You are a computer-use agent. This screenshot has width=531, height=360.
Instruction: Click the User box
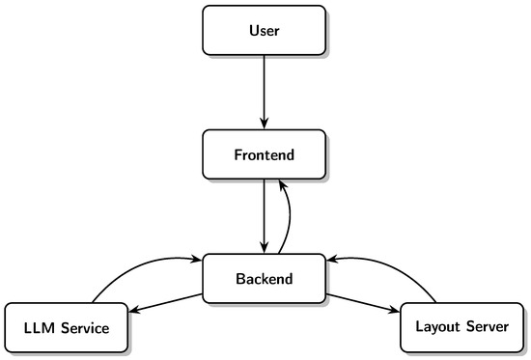[265, 30]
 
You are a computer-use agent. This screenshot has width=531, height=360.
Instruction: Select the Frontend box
[265, 154]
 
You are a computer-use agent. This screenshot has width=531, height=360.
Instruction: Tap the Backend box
[265, 278]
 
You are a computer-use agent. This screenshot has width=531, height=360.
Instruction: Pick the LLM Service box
[67, 328]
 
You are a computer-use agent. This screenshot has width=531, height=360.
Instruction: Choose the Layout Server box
[461, 328]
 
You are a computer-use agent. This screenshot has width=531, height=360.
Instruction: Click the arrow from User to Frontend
[265, 92]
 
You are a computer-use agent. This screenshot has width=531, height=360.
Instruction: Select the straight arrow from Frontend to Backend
[265, 216]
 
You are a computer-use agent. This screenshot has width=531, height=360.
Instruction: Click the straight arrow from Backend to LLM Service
[165, 303]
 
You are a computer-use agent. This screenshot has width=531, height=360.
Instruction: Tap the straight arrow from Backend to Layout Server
[363, 303]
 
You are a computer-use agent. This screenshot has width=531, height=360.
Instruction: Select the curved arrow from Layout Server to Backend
[388, 269]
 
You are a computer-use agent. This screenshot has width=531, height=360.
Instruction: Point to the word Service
[85, 328]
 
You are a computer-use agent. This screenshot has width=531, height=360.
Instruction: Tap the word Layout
[438, 327]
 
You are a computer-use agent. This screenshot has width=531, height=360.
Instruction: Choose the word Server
[488, 326]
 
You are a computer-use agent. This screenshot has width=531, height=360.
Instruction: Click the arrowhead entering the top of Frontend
[265, 124]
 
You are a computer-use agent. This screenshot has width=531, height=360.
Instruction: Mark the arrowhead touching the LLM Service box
[135, 309]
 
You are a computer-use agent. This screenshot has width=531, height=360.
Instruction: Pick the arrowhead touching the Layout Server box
[394, 309]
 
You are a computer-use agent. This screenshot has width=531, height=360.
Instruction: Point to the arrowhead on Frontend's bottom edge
[282, 186]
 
